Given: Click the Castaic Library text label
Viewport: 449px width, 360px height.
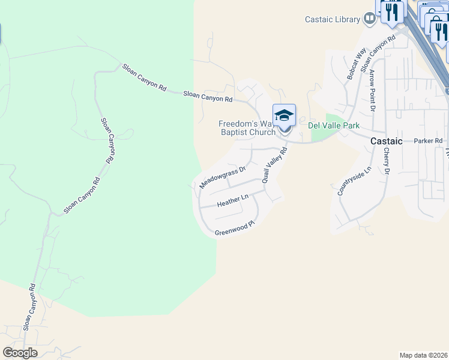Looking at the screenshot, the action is tap(331, 19).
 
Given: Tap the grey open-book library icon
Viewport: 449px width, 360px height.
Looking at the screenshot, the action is tap(370, 19).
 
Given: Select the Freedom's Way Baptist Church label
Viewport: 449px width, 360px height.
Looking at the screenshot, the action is tap(247, 128).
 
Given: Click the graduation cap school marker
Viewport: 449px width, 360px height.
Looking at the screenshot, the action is tap(284, 115).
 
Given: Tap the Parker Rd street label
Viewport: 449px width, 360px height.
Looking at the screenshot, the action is tap(428, 141).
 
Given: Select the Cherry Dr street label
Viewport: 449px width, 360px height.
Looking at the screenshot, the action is tap(387, 161).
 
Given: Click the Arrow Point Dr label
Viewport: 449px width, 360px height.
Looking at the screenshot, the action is tap(372, 90).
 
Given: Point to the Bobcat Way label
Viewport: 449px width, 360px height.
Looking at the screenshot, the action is tap(357, 65).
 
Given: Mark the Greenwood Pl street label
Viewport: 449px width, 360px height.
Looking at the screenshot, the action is tap(235, 228).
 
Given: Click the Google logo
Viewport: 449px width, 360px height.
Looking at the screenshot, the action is tap(20, 353).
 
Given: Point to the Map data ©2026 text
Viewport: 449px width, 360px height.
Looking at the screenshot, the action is tap(423, 355).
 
